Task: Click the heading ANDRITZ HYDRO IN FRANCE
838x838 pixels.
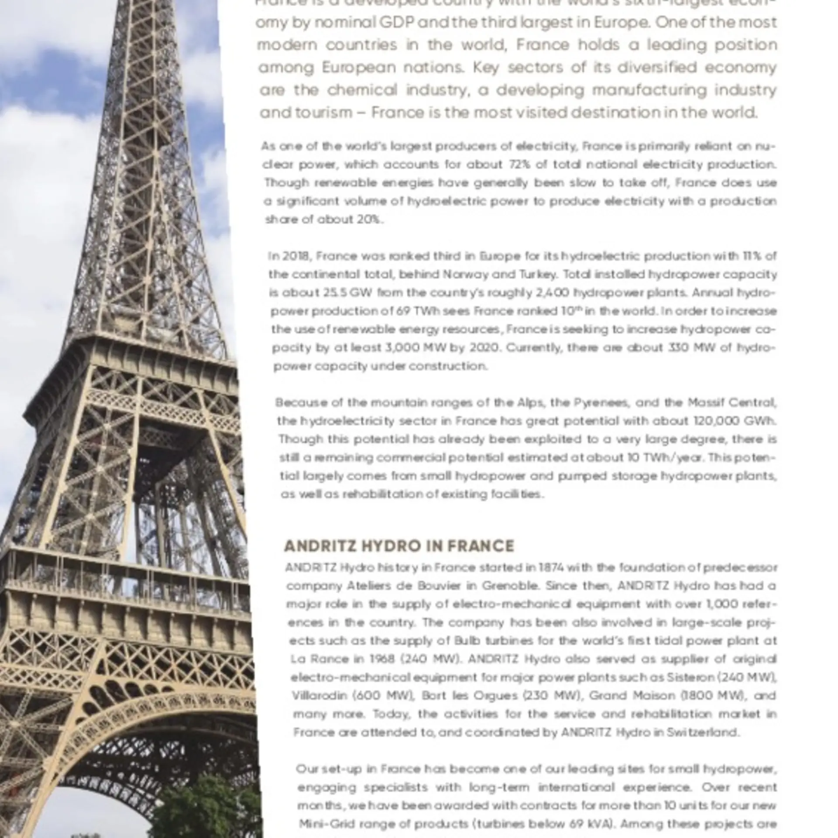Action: click(x=399, y=546)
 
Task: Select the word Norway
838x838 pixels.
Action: click(x=466, y=275)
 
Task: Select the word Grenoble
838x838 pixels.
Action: click(x=511, y=586)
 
